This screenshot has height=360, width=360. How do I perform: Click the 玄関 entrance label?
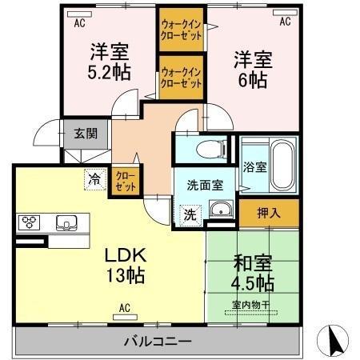83,134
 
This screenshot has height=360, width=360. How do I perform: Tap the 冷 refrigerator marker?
94,181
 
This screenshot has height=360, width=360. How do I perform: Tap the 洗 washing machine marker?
190,214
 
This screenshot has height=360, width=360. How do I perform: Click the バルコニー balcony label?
157,342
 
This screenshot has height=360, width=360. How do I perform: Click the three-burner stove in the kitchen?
30,222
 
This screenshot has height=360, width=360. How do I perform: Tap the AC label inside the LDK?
125,307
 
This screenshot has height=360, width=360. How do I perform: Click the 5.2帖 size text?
108,69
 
